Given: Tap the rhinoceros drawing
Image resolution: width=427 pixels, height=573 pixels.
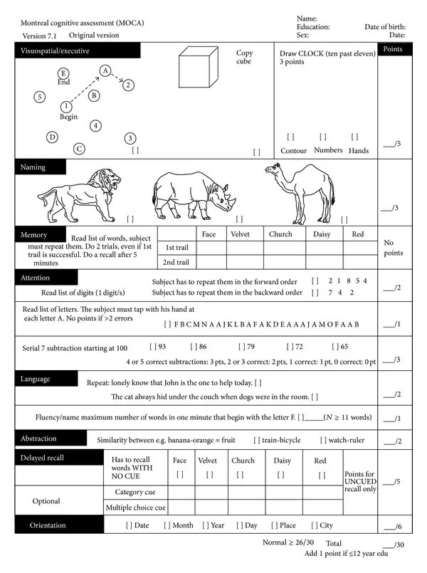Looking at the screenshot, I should coord(191,194).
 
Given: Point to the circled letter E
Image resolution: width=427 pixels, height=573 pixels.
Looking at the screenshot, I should coord(63,73).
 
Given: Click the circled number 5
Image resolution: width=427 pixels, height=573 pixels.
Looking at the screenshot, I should coord(40,96).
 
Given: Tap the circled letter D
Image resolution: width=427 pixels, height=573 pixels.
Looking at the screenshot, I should coord(52,137).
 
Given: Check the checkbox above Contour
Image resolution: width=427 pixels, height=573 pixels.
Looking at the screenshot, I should coord(290,137).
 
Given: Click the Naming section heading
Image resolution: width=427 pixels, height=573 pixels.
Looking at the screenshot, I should coord(33,167).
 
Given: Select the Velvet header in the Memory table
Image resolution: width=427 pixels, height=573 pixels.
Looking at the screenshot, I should coord(240,234).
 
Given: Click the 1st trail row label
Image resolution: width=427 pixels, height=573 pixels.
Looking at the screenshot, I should coord(176,248).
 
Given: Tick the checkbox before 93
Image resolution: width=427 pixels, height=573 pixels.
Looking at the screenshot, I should coord(153,347).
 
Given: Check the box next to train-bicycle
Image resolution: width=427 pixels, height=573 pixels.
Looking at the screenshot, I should coord(257,441).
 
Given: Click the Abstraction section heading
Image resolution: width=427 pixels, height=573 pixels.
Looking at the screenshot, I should coord(38,438).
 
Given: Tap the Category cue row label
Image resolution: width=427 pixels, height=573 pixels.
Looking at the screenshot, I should coord(135,492).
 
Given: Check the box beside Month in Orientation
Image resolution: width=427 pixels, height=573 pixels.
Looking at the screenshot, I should coord(167,525).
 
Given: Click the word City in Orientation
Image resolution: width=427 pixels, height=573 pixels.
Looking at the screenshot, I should coord(326,525).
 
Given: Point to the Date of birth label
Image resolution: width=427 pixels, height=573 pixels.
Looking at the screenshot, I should coord(384,26).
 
